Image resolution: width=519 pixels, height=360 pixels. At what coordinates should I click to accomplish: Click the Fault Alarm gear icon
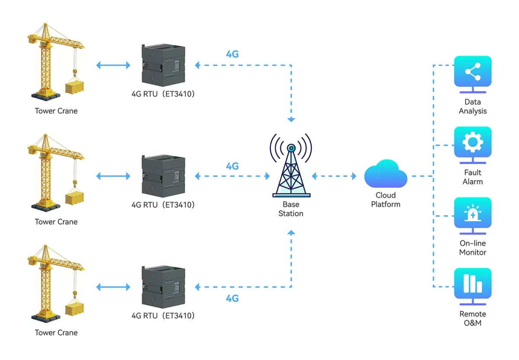click(x=472, y=142)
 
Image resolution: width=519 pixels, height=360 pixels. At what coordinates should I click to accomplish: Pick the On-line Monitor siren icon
click(x=472, y=213)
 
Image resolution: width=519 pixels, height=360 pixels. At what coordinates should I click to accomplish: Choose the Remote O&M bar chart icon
click(x=472, y=284)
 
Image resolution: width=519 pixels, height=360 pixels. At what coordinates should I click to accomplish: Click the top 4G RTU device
click(x=163, y=64)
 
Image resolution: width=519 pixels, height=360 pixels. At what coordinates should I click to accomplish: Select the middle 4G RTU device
click(x=163, y=175)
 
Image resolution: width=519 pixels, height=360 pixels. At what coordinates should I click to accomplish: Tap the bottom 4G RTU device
click(x=163, y=286)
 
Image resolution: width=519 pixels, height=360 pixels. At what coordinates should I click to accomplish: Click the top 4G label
click(x=232, y=55)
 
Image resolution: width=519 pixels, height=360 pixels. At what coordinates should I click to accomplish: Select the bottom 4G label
click(x=232, y=298)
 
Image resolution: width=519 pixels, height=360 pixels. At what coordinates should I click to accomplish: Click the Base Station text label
click(x=291, y=209)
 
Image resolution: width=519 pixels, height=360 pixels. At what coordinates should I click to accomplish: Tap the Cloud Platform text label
click(x=385, y=199)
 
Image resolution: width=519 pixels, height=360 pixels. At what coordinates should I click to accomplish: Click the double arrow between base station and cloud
click(x=334, y=176)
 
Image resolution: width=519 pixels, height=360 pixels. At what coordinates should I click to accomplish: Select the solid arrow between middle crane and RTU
click(x=113, y=176)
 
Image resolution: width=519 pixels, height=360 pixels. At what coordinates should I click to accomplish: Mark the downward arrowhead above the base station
click(x=291, y=119)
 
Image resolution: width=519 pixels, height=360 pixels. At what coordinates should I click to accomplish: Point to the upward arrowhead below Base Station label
click(x=291, y=233)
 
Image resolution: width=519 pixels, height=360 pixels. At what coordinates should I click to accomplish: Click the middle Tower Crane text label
click(x=56, y=222)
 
